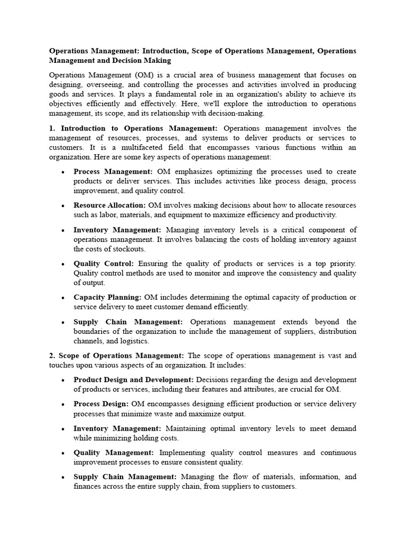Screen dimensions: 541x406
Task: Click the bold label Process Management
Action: point(113,172)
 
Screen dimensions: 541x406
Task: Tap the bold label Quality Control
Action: point(104,264)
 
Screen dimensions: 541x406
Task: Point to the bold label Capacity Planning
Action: point(107,297)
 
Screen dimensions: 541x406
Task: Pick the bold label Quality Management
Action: point(114,453)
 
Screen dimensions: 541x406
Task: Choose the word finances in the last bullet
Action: point(87,487)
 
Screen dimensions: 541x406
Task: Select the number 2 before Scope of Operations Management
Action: point(51,356)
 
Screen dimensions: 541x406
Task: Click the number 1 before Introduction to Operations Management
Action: point(51,128)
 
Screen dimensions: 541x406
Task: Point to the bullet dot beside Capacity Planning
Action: point(63,298)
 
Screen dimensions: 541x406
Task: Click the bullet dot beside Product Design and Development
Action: point(63,380)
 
